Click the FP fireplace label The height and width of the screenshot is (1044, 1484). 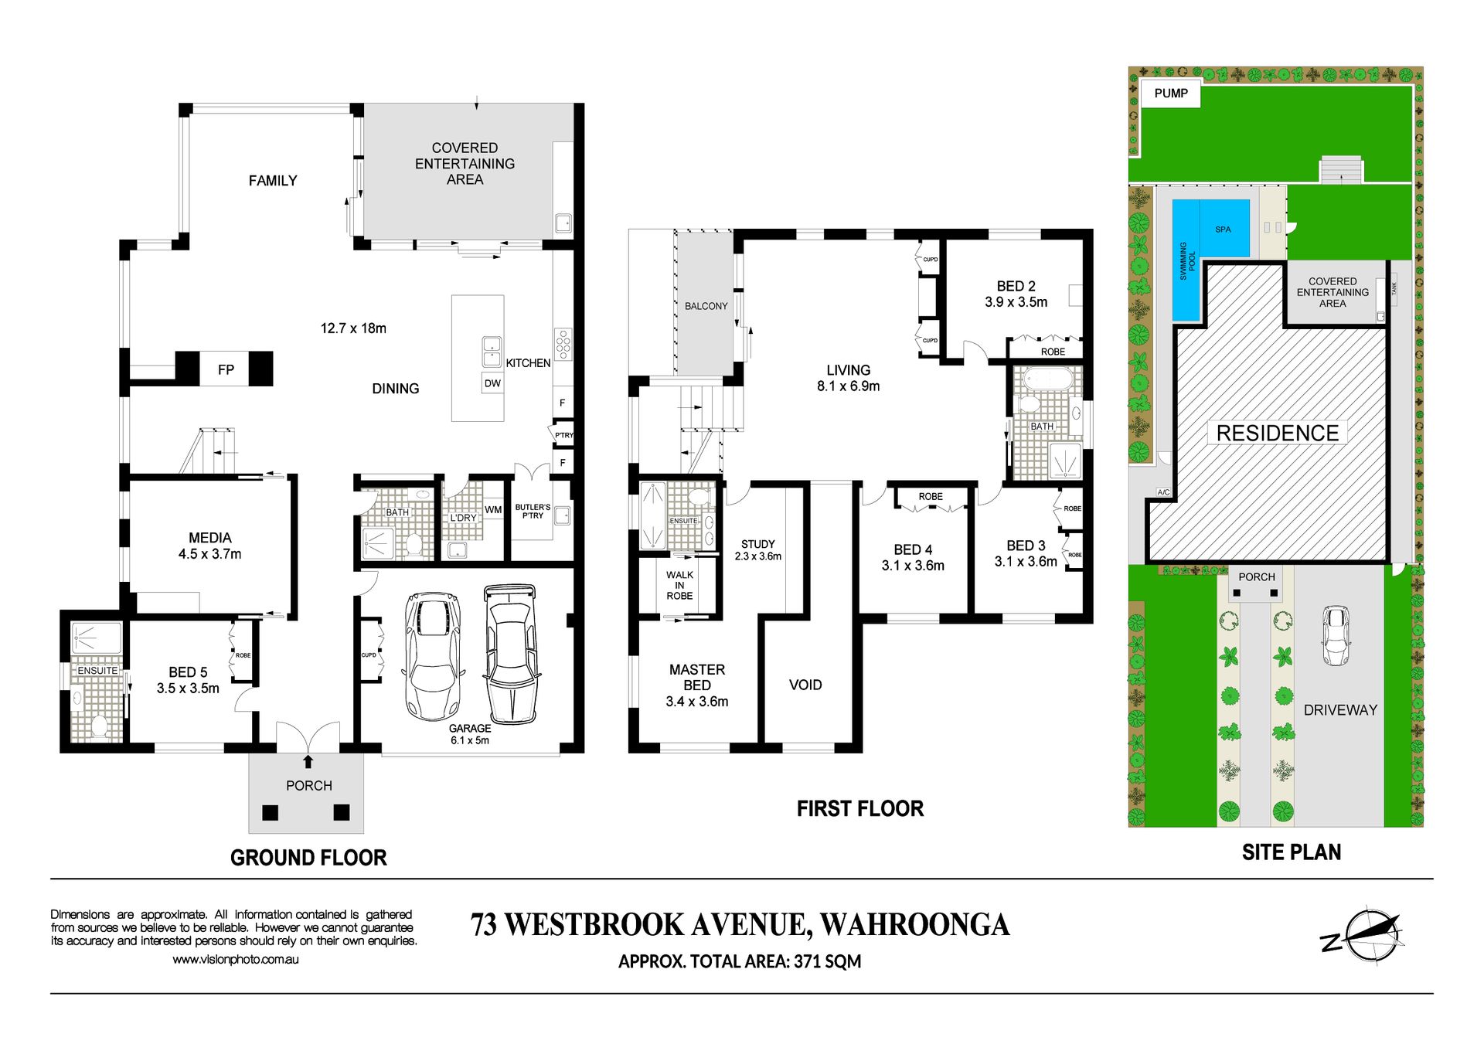coord(226,370)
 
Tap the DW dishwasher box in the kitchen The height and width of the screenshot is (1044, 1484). coord(492,383)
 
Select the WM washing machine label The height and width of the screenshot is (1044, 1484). coord(493,510)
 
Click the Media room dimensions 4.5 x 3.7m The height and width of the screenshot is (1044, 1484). coord(209,554)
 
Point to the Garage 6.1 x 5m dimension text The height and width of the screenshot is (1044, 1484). coord(470,740)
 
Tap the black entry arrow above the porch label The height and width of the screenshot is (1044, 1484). coord(308,762)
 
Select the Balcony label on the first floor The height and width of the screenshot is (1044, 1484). coord(706,306)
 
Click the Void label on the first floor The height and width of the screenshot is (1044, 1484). coord(805,685)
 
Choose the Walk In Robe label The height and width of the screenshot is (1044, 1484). coord(679,585)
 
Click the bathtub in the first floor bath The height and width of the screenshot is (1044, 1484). coord(1048,379)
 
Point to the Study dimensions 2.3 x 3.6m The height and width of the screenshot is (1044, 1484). coord(757,556)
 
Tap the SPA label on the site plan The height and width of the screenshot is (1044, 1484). coord(1223,230)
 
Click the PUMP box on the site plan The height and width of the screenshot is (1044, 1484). coord(1171,94)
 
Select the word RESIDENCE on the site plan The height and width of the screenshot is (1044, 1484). coord(1278,434)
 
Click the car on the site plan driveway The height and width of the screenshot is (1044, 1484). coord(1336,635)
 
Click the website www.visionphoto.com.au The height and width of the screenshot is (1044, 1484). coord(236,960)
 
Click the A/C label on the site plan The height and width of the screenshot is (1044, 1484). coord(1163,492)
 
